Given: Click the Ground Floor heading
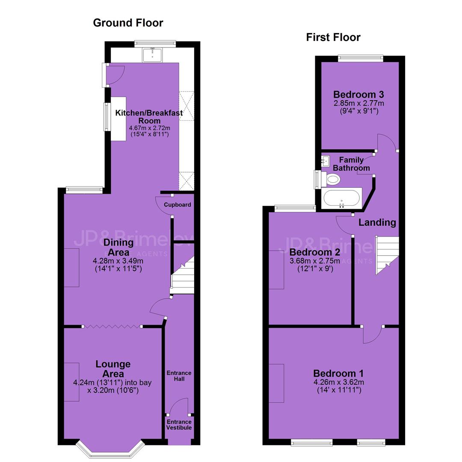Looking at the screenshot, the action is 128,23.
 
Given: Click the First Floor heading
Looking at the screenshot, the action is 333,37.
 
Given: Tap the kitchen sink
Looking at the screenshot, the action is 152,55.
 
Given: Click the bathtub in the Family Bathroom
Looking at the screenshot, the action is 341,198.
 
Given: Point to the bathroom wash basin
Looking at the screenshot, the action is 325,161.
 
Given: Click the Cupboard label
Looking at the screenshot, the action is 178,204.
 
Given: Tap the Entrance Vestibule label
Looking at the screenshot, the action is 179,425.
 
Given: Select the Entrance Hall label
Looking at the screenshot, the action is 179,376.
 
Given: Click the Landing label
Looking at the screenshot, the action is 377,222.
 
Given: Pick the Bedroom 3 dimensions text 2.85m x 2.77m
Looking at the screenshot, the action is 358,104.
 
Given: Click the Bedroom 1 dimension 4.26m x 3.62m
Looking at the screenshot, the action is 338,382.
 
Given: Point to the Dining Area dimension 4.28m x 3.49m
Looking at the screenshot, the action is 118,261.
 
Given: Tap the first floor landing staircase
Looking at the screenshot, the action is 387,255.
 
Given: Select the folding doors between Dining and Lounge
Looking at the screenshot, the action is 112,326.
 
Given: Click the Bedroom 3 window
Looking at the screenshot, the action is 360,58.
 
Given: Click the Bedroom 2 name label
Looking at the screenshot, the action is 315,252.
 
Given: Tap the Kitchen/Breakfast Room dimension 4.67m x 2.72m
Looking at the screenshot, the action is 149,128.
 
